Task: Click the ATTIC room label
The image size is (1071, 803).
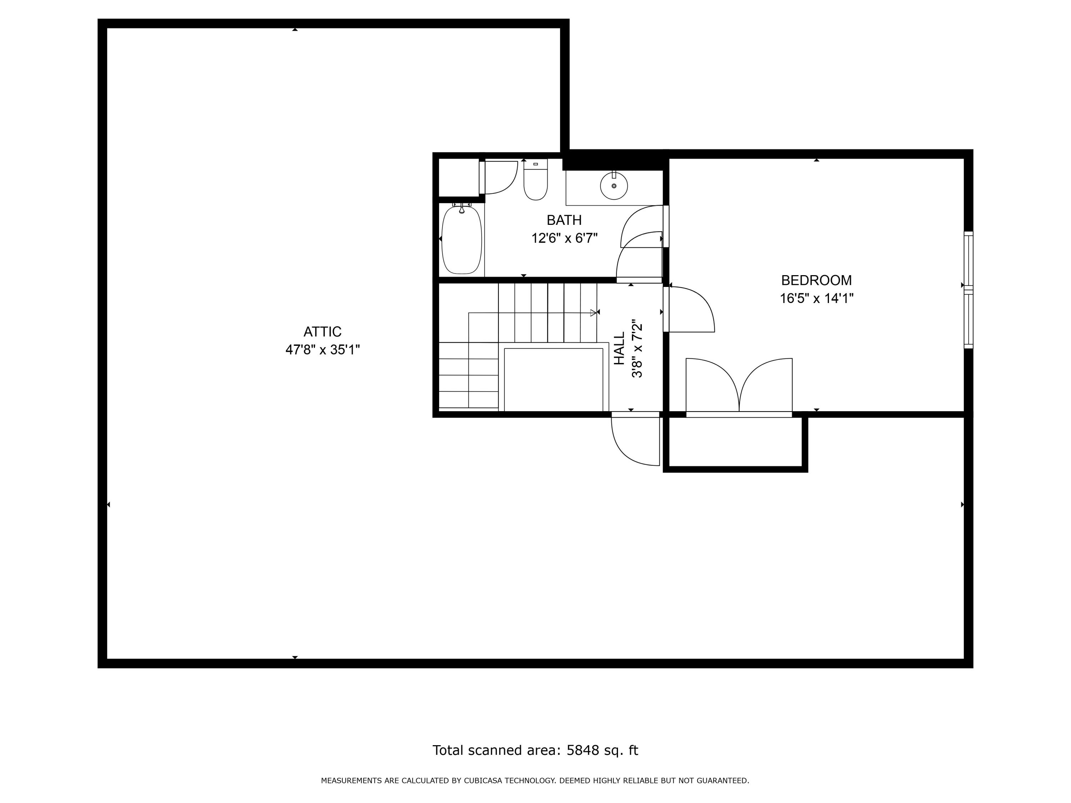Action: pos(322,332)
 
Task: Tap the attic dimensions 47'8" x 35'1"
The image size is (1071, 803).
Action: pos(322,349)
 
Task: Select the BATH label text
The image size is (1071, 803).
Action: pos(564,220)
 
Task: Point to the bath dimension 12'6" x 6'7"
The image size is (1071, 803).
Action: pos(564,238)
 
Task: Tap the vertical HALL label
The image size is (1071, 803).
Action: pos(619,348)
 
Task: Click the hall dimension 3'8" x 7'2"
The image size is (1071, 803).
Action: pos(637,348)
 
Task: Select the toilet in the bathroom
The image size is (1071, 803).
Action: pos(535,182)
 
